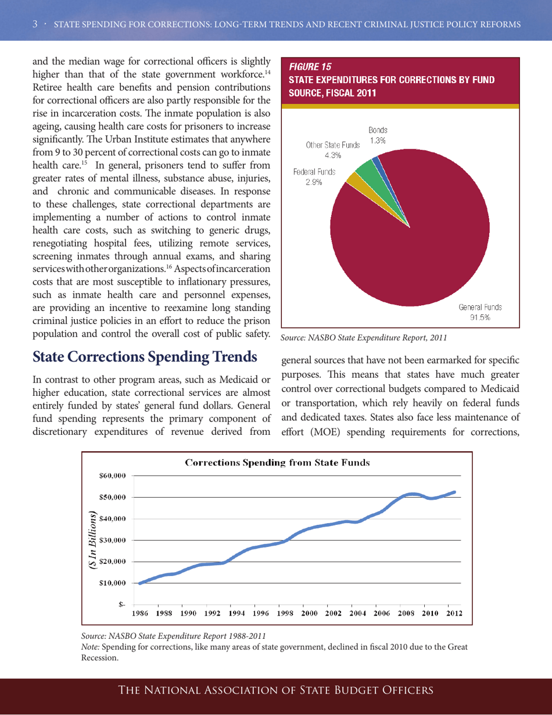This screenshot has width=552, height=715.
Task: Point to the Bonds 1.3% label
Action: (378, 135)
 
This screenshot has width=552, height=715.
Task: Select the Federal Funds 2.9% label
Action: (309, 177)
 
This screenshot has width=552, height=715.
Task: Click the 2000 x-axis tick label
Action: (311, 613)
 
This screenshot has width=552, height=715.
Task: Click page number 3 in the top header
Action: (35, 23)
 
